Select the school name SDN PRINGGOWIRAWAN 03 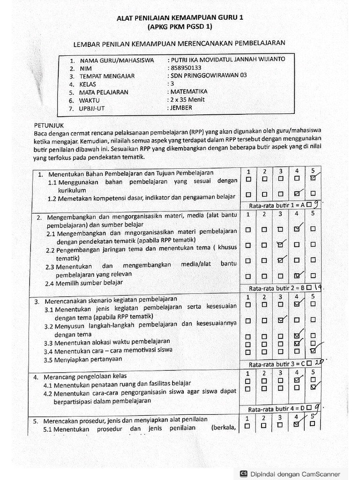coord(208,75)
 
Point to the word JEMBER coord(181,108)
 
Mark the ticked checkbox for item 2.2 coord(280,244)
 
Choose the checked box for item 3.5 coord(313,352)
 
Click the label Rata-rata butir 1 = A coord(277,205)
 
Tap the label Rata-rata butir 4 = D coord(276,409)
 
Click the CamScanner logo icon coord(244,473)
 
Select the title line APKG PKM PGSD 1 coord(180,27)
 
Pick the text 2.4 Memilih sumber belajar coord(84,283)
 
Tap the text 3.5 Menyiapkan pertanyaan coord(83,360)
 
